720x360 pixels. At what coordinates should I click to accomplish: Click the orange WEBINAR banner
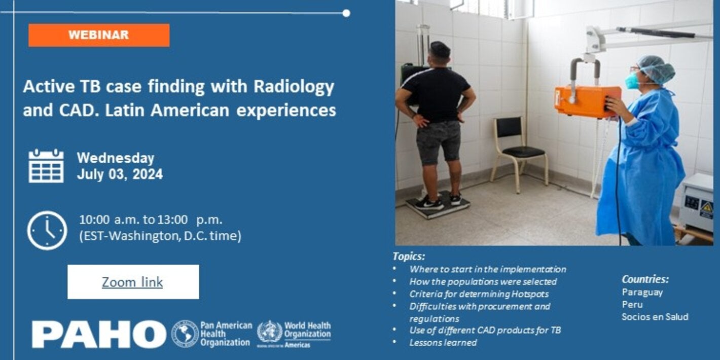99,35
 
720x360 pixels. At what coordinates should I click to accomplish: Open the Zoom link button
133,282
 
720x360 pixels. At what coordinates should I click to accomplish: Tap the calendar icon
46,166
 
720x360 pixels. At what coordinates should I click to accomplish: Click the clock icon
47,231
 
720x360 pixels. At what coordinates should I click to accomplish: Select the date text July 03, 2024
120,174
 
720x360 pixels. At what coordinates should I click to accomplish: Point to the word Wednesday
116,158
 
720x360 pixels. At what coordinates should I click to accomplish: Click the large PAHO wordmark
99,335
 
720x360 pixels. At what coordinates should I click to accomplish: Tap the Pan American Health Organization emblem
185,334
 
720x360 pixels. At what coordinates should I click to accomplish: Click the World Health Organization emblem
270,333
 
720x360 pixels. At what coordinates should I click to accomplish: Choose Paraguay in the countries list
642,292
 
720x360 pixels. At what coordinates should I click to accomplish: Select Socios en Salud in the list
655,316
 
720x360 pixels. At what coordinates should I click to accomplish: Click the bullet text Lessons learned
443,342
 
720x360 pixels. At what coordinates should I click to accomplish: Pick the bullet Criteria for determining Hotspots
479,294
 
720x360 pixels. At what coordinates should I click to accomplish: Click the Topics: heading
409,256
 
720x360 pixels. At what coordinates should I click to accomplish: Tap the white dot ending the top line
346,13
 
